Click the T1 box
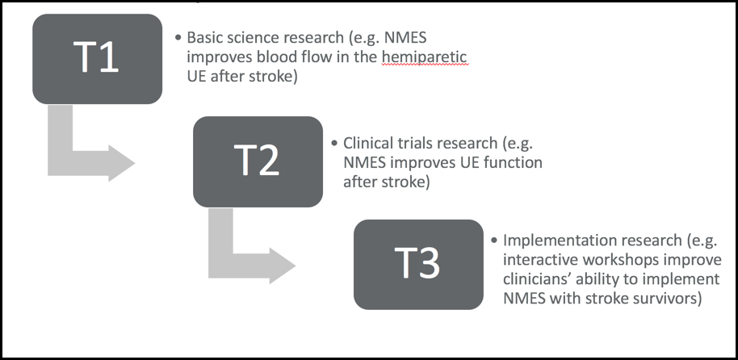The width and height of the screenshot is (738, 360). pyautogui.click(x=98, y=59)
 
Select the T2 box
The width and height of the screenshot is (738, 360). pyautogui.click(x=258, y=161)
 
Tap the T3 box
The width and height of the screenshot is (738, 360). pyautogui.click(x=418, y=265)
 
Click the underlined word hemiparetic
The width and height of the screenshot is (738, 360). pyautogui.click(x=424, y=57)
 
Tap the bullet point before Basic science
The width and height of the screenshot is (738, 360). pyautogui.click(x=178, y=38)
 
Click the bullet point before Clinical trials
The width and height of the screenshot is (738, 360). pyautogui.click(x=334, y=143)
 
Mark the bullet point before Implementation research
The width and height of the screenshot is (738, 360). pyautogui.click(x=494, y=241)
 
